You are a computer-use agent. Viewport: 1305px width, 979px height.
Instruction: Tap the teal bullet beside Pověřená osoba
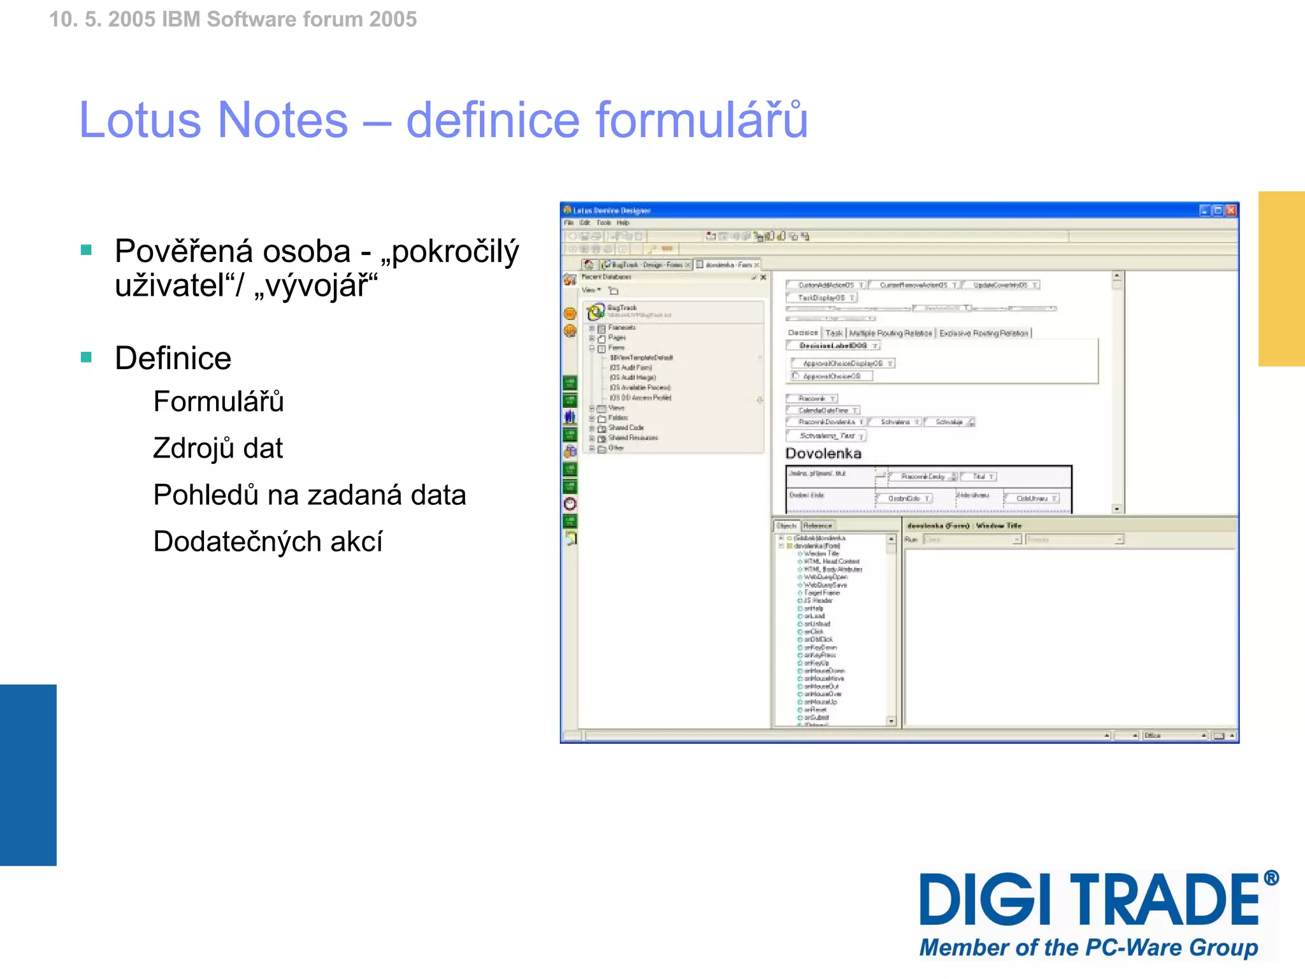click(87, 250)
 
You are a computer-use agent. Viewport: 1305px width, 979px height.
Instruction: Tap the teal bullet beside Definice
click(87, 357)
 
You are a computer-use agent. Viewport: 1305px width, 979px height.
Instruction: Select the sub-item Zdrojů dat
click(217, 448)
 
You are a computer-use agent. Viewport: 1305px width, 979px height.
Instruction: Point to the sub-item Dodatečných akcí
click(268, 542)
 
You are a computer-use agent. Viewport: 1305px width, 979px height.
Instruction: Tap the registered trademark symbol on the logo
click(1271, 878)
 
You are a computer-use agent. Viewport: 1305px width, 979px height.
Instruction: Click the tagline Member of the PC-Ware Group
click(1088, 948)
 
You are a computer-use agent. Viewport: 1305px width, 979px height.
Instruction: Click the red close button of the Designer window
click(1230, 210)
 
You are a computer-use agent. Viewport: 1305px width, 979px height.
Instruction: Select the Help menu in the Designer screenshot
click(623, 223)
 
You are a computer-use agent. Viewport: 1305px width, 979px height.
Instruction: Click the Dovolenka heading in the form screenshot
click(823, 454)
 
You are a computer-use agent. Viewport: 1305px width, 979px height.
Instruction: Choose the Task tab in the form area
click(833, 333)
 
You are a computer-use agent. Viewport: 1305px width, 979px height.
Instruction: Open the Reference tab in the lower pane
click(818, 526)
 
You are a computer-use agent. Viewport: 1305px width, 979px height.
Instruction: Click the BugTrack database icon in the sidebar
click(595, 312)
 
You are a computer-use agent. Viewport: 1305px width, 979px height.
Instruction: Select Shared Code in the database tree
click(626, 428)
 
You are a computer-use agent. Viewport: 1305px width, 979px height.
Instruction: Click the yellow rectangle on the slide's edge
click(1281, 279)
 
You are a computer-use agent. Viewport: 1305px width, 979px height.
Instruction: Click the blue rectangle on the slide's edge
click(28, 774)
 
